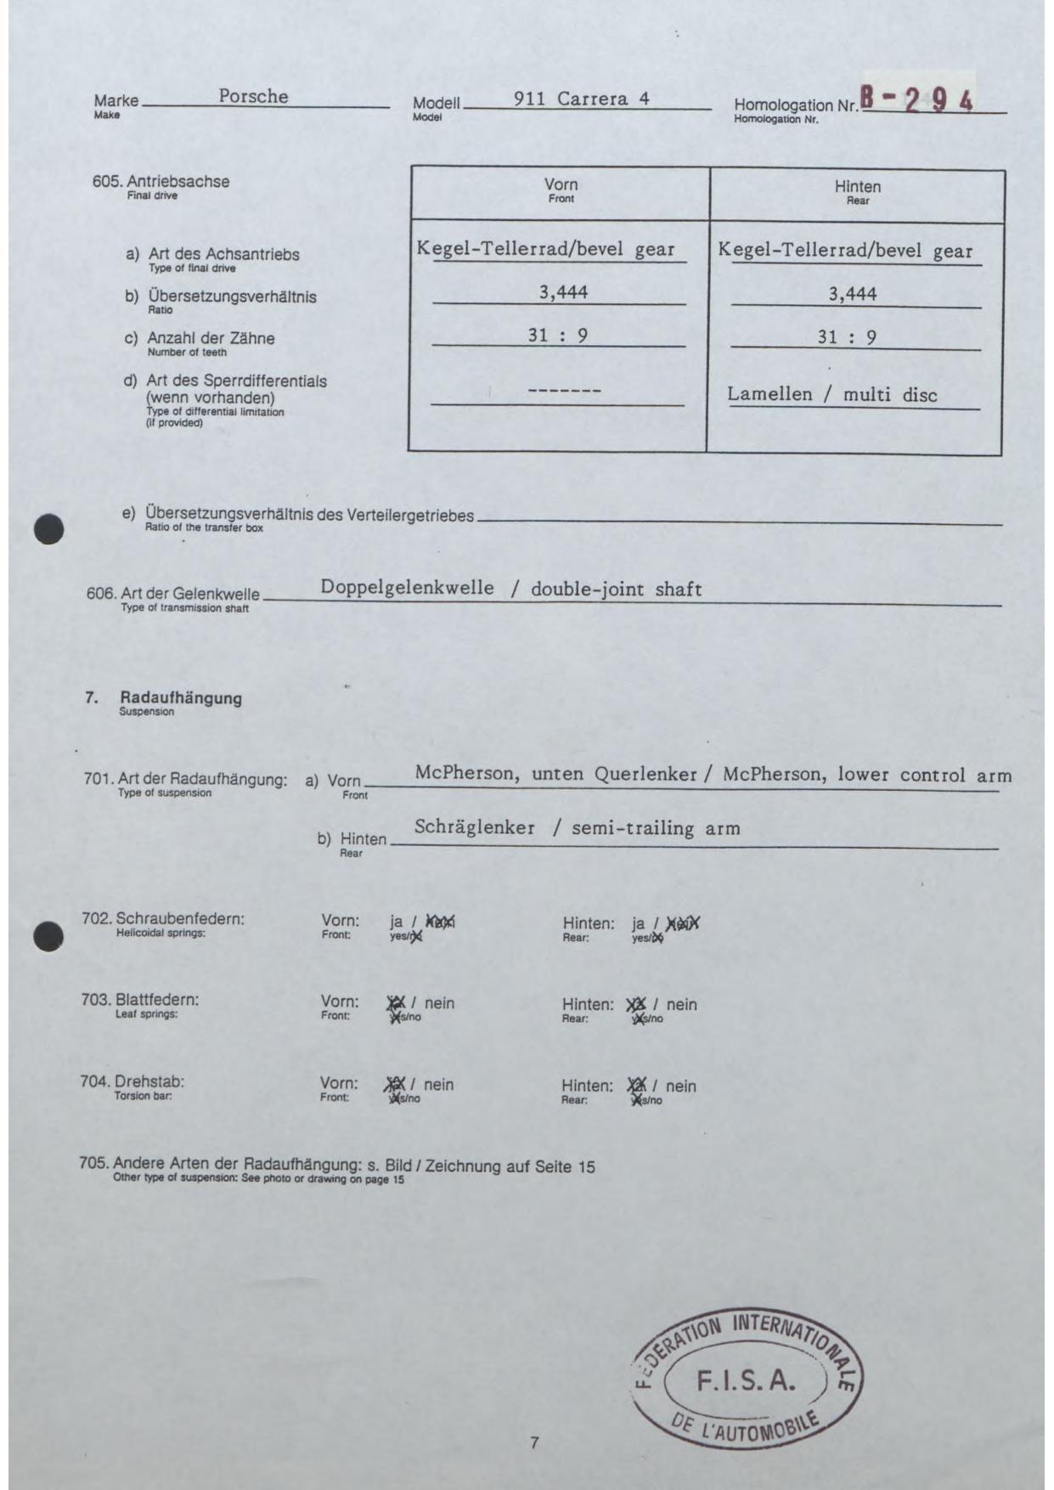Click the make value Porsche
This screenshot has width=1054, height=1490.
[x=253, y=96]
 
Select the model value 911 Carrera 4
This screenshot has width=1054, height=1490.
[x=581, y=99]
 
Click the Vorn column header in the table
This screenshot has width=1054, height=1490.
[x=561, y=185]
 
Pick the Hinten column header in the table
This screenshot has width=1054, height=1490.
[x=857, y=187]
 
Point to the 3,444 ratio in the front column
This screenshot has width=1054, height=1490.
[x=563, y=292]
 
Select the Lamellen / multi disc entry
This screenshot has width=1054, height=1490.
[x=832, y=395]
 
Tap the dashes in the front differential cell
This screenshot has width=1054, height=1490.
[x=565, y=391]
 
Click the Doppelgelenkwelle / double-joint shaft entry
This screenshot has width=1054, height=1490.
[x=510, y=589]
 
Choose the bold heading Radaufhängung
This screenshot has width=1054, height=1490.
[x=180, y=698]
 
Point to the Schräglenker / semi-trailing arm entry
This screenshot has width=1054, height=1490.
[x=577, y=828]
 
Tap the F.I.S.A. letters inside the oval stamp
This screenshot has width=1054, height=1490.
[x=746, y=1380]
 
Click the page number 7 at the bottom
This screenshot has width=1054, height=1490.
[x=534, y=1442]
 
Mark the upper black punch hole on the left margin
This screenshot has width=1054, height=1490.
[x=50, y=528]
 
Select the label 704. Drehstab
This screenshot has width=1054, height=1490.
[x=132, y=1082]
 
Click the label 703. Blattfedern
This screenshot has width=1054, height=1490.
[x=140, y=1000]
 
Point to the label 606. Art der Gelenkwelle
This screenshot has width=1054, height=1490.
[x=173, y=593]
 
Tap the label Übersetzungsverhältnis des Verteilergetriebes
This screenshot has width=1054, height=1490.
[x=309, y=515]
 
